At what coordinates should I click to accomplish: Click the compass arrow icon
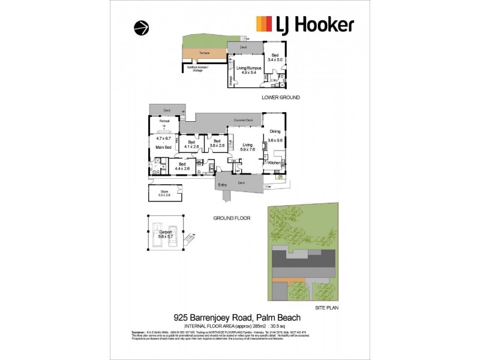[140, 28]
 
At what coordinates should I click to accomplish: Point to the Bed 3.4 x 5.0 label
[274, 57]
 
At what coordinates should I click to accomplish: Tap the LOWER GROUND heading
[281, 97]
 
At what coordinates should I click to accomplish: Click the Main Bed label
[164, 146]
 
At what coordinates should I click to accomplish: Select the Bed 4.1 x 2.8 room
[192, 144]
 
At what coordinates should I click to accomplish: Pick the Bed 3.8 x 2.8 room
[217, 144]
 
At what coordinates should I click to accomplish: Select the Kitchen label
[274, 163]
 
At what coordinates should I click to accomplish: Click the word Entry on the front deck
[223, 185]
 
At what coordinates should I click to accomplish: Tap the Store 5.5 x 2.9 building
[164, 194]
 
